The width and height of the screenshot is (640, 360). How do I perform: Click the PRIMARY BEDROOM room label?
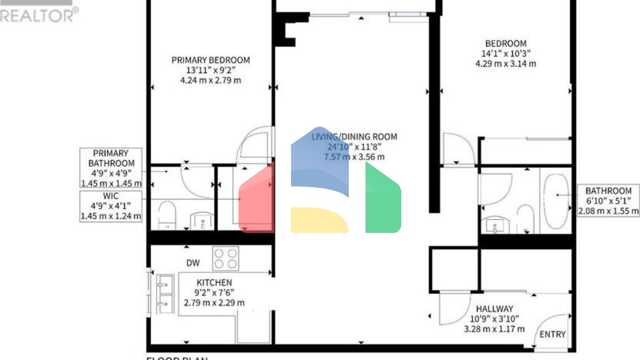210,60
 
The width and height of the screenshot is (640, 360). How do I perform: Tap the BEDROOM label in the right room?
505,43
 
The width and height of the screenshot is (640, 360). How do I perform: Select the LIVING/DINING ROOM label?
354,137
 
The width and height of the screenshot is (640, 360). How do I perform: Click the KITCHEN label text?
214,282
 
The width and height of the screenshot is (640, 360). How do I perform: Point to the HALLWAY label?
494,309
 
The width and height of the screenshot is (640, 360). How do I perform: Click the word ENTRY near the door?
552,335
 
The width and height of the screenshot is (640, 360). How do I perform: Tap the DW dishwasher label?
193,263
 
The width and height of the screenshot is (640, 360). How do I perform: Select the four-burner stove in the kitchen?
225,258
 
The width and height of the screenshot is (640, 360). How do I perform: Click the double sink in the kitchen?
165,293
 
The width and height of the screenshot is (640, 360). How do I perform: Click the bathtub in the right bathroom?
556,201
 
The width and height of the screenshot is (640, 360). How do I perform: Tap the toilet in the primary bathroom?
167,215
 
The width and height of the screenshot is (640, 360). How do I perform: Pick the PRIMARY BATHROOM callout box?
111,168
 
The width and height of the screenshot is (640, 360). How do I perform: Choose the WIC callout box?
111,206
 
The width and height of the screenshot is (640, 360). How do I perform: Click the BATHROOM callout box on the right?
608,201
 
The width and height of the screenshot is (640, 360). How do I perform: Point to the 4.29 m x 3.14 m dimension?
505,64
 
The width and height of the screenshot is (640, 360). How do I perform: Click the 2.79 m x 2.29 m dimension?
214,303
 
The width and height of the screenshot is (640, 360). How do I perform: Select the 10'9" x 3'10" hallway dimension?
494,319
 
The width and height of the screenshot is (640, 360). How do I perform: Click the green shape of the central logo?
382,200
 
